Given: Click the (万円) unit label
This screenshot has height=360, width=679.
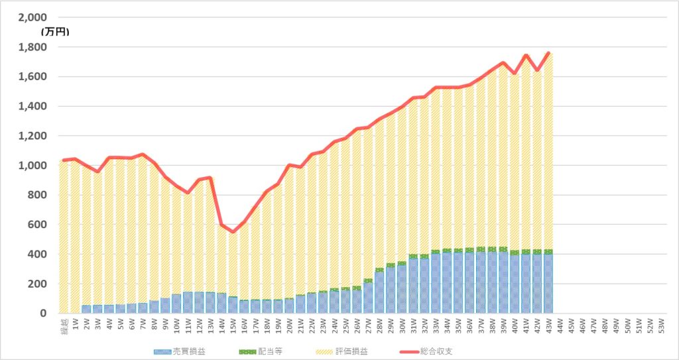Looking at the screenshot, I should (54, 31).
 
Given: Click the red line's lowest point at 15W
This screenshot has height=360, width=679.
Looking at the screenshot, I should (233, 231).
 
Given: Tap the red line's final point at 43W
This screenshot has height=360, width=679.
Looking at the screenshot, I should (548, 52).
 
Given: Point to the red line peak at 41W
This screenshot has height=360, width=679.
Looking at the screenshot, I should (526, 55).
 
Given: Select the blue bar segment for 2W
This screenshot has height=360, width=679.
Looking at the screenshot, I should (86, 309).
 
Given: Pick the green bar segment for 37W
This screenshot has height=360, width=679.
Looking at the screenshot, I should (481, 249).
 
